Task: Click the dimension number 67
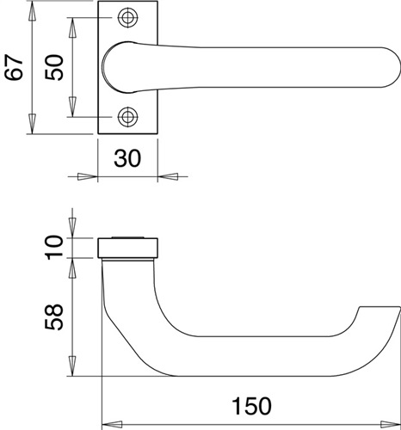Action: click(x=14, y=68)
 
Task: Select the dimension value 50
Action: click(x=53, y=67)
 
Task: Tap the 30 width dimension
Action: click(x=127, y=158)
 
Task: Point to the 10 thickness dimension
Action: click(x=53, y=248)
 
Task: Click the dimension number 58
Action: click(x=53, y=317)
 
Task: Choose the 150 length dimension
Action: click(x=251, y=406)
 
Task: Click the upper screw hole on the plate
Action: click(x=127, y=18)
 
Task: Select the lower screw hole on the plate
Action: click(x=127, y=117)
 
